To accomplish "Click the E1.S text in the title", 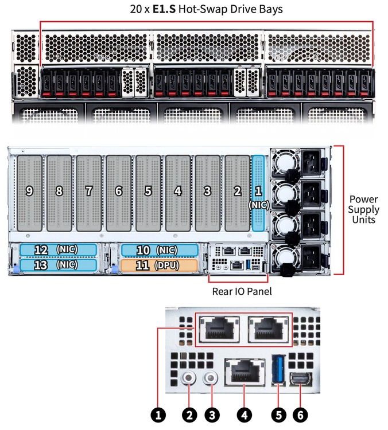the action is coord(164,9).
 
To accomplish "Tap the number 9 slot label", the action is coord(29,191).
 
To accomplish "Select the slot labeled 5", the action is coord(148,193).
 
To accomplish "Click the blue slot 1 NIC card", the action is coord(258,193).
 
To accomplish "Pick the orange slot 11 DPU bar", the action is coord(159,265).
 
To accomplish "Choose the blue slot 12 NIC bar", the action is coord(58,250).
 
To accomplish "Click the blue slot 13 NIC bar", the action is coord(58,265).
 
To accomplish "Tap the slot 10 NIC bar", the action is coord(160,250).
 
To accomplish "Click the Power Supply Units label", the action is coord(363,209).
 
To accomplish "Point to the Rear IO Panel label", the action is coord(242,291).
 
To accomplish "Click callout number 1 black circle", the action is coord(158,415).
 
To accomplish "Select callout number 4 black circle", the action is coord(245,415).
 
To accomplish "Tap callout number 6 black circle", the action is coord(300,415).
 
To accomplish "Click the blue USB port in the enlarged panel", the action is coord(278,369).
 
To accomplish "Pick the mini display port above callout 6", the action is coord(301,378).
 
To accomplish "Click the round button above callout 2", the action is coord(189,378).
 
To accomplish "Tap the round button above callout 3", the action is coord(211,378).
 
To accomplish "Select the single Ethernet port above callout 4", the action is coord(245,372).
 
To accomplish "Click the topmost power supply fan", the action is coord(285,163).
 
